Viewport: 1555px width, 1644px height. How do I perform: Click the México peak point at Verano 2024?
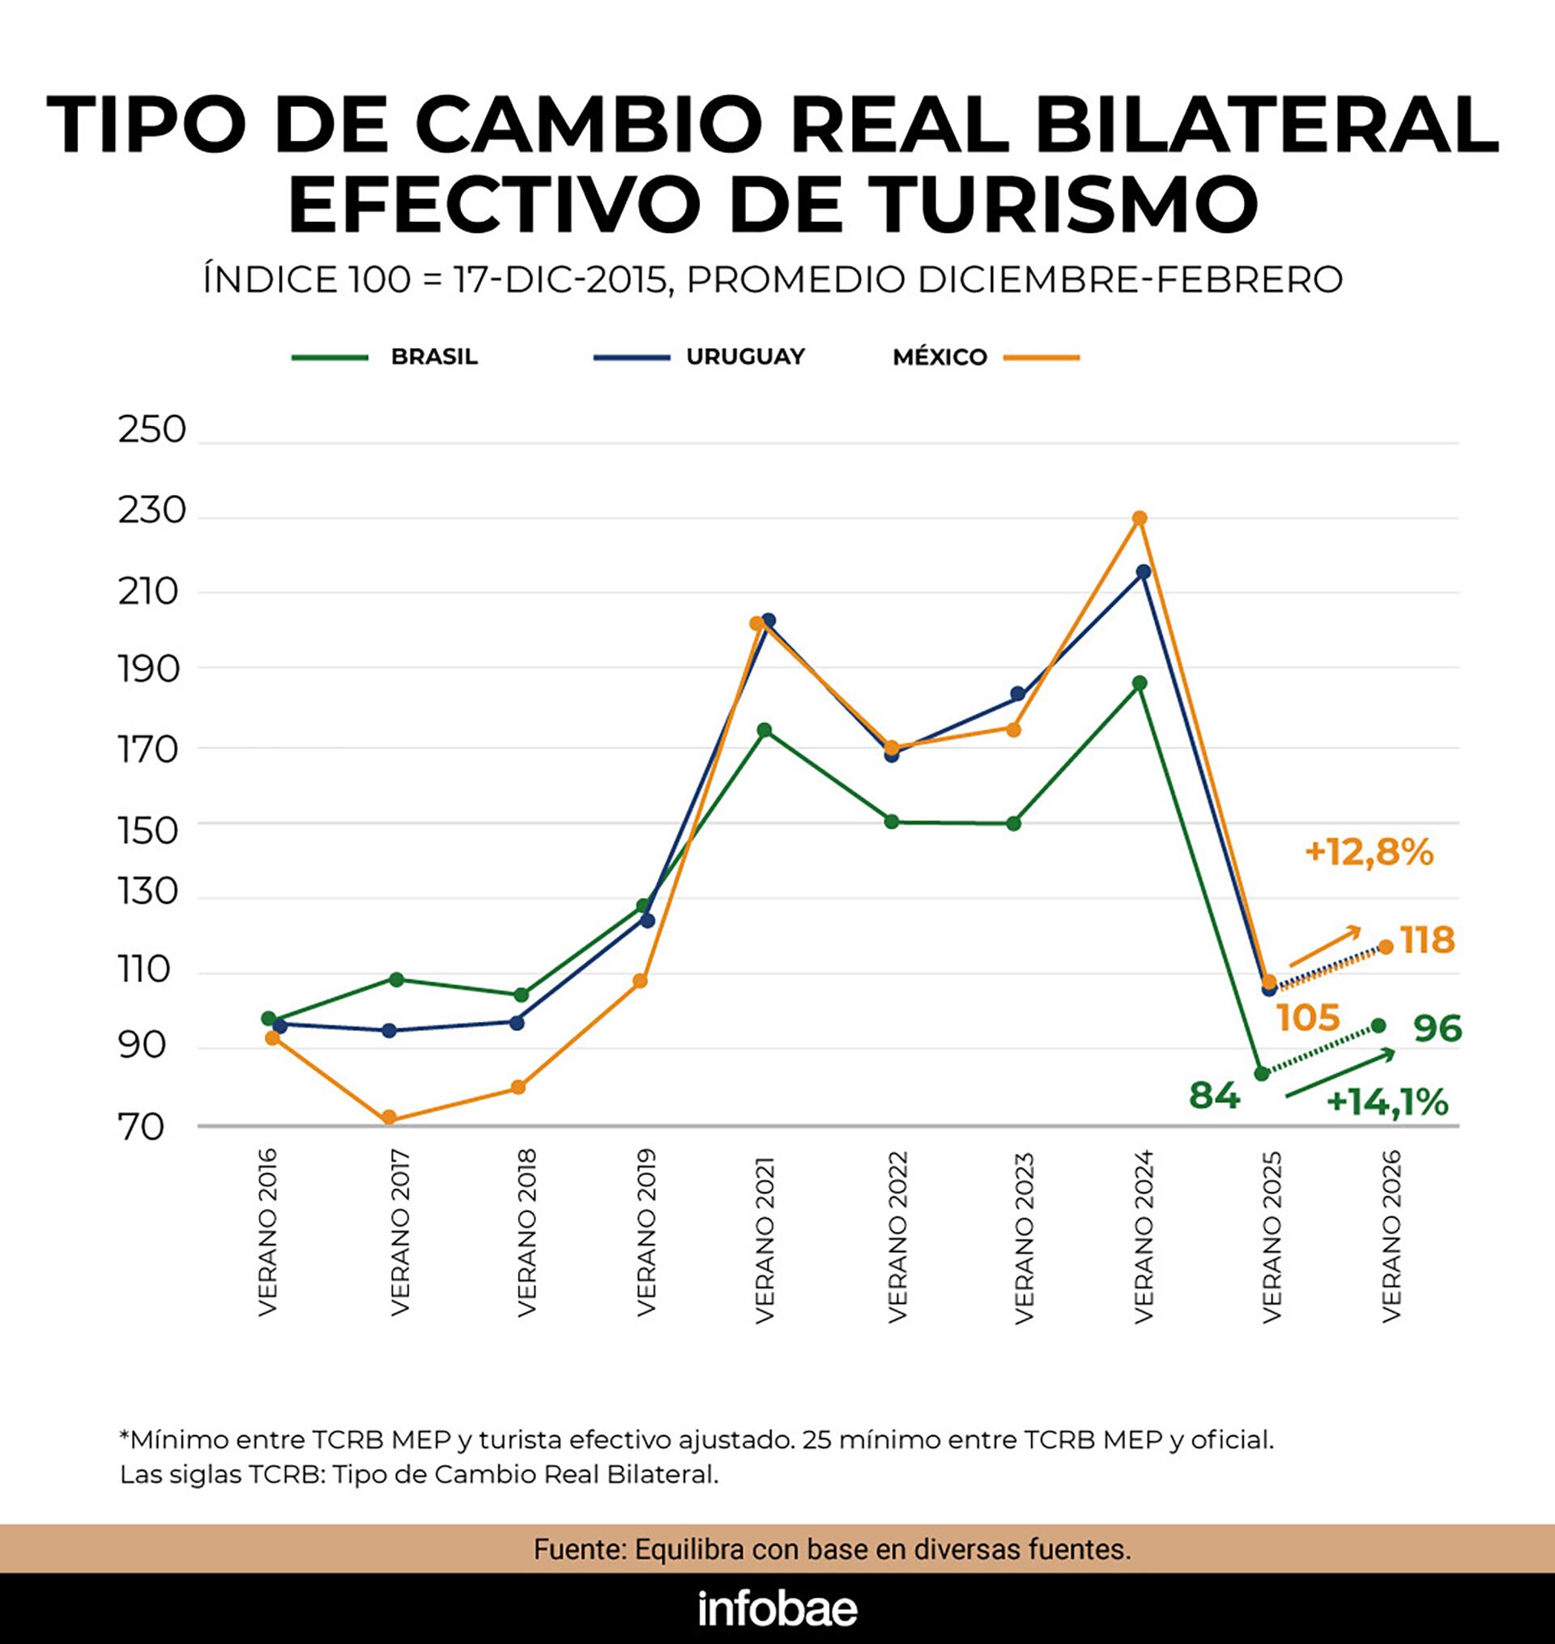click(x=1139, y=517)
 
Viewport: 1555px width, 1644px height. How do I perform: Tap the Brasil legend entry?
click(x=433, y=357)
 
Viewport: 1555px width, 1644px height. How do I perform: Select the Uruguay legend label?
click(x=745, y=357)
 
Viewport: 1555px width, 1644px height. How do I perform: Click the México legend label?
click(x=939, y=358)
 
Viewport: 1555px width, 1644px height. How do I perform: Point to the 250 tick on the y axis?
click(x=151, y=431)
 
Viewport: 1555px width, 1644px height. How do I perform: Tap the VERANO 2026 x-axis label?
click(x=1391, y=1236)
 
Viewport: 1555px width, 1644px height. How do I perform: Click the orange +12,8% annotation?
click(x=1369, y=853)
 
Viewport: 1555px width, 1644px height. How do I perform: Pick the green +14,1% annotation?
click(x=1387, y=1103)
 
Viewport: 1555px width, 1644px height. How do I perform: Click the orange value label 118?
click(x=1427, y=940)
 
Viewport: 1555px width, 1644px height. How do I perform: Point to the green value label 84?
click(x=1214, y=1096)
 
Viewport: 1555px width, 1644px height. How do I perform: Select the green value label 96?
click(x=1438, y=1029)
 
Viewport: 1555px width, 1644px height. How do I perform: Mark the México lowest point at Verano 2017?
click(x=389, y=1118)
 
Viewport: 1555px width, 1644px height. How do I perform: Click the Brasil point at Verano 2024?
click(x=1140, y=683)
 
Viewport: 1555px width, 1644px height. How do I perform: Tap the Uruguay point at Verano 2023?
click(x=1018, y=693)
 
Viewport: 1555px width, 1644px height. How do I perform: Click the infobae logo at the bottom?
click(x=777, y=1609)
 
